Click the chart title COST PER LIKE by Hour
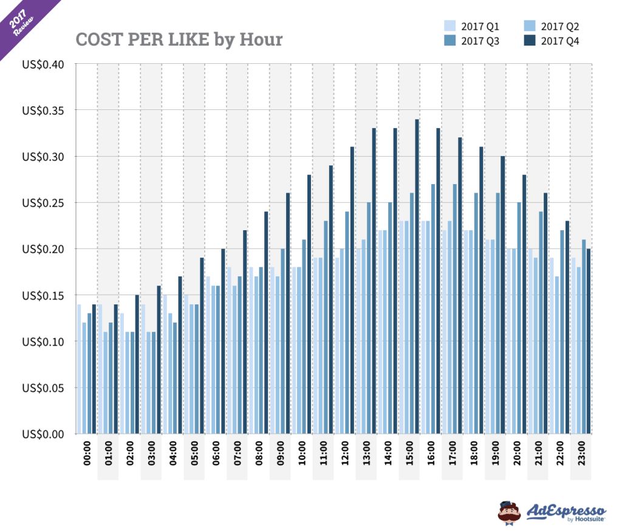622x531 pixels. [x=179, y=39]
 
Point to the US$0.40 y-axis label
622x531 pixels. [x=43, y=64]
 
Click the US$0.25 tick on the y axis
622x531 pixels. [x=43, y=202]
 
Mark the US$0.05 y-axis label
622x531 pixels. [x=43, y=388]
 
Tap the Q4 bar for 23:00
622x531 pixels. [x=589, y=341]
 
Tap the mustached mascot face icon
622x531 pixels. [x=509, y=512]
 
